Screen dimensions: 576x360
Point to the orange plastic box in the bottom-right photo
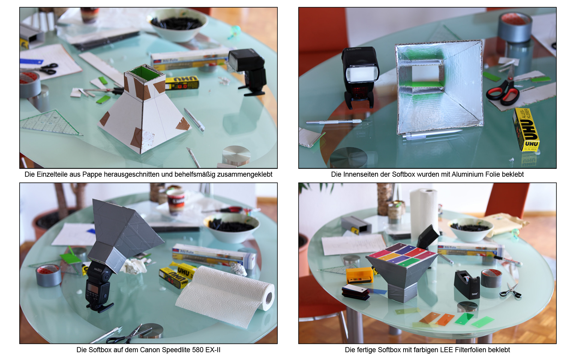(359, 275)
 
